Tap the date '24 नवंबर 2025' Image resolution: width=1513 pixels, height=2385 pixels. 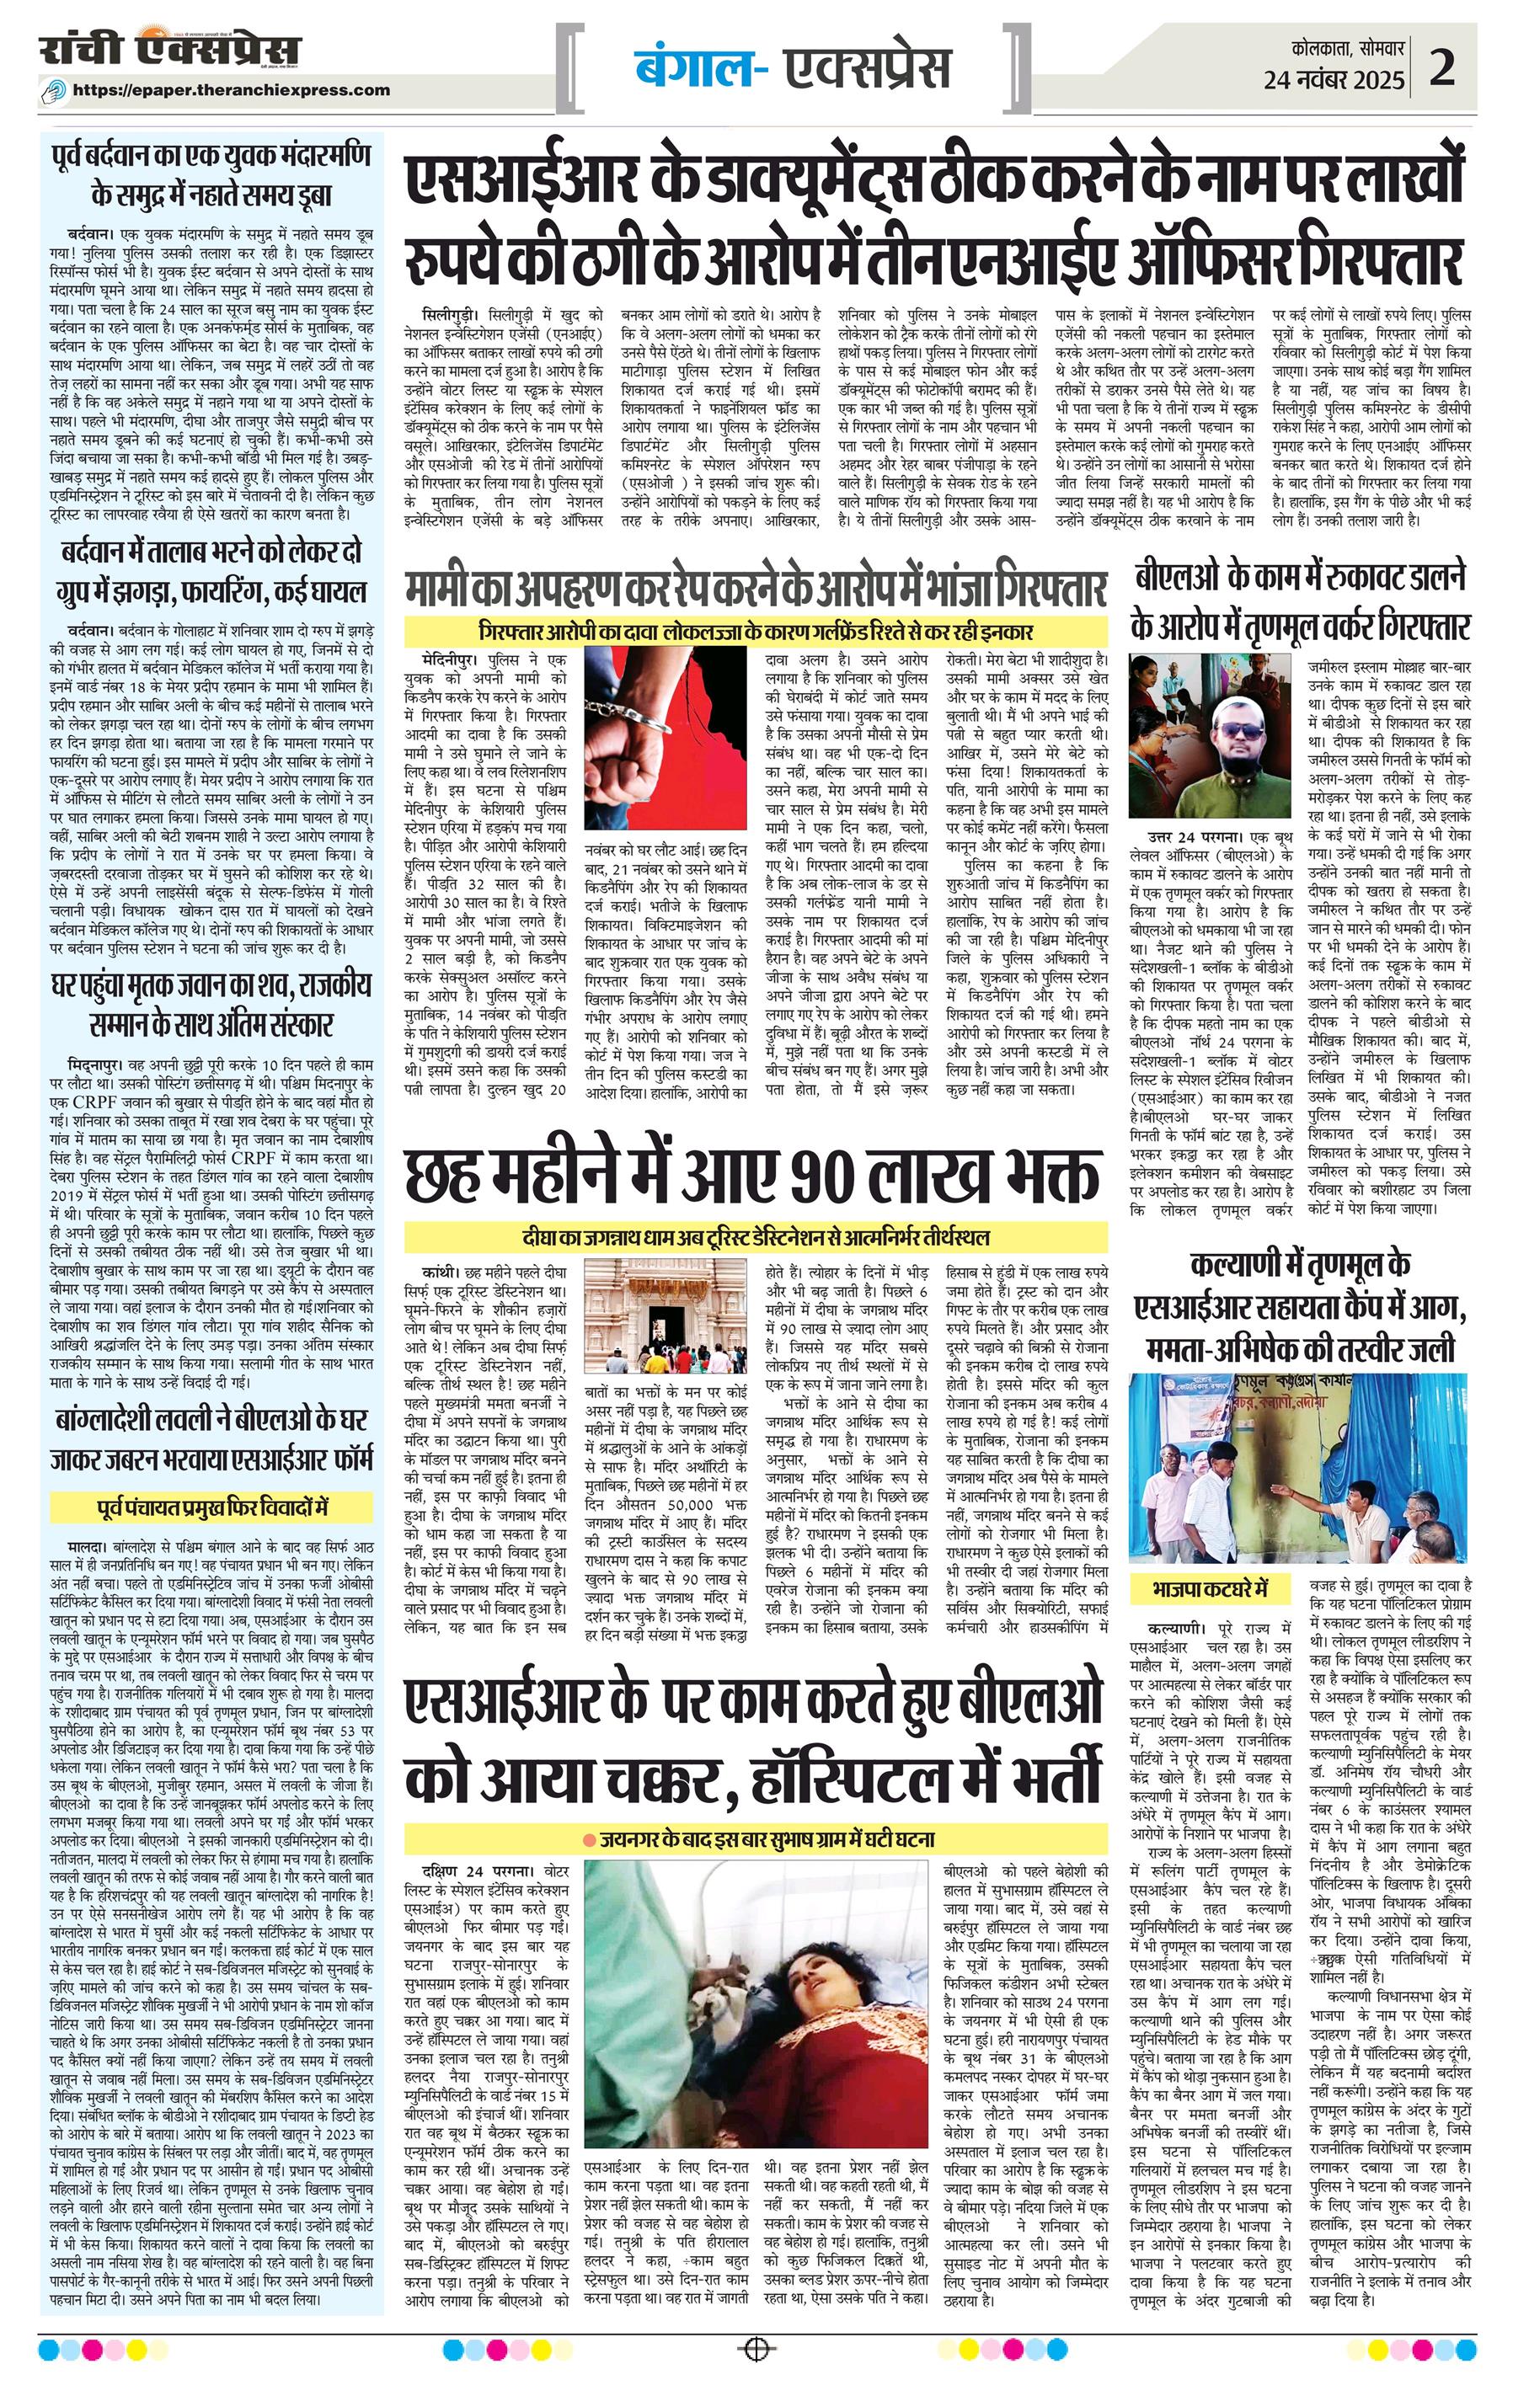(x=1334, y=80)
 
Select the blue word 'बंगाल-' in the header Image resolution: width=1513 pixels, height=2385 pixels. (x=699, y=68)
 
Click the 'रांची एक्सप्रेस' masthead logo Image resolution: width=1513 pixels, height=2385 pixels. (x=169, y=49)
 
